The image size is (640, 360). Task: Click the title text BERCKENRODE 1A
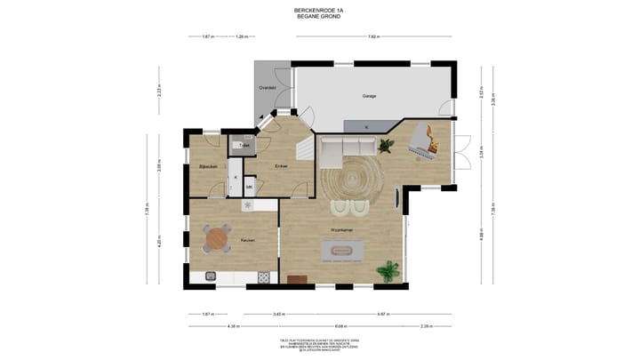tap(319, 10)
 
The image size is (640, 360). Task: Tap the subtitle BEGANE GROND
tap(319, 16)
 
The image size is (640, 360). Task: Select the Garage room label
tap(368, 95)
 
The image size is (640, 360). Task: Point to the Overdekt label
tap(267, 88)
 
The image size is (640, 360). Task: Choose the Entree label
tap(281, 166)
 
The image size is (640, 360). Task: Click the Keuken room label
tap(249, 240)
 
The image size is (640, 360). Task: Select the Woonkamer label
tap(343, 231)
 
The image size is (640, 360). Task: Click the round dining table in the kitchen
tap(218, 238)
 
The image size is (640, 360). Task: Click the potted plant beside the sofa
tap(387, 145)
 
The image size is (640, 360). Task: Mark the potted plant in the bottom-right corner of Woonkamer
tap(388, 270)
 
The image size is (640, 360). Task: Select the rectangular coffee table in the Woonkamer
tap(343, 252)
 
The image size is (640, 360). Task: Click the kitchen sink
tap(211, 276)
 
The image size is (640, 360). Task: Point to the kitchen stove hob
tap(264, 276)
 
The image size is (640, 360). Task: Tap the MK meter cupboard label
tap(250, 187)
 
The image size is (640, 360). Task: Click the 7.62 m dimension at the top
tap(373, 36)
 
